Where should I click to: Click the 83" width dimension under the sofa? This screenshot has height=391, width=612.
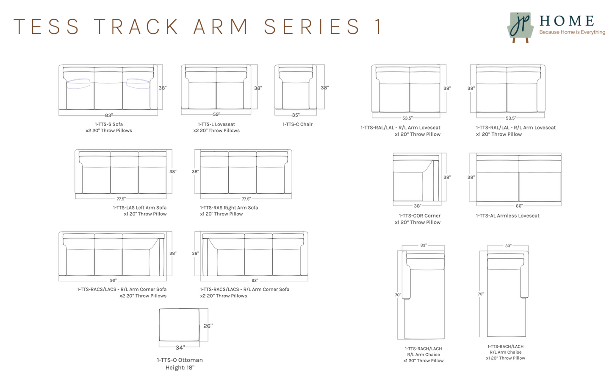[x=109, y=115]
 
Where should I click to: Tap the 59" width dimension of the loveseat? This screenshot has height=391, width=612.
[x=216, y=114]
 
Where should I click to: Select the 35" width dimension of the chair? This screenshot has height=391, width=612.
[x=296, y=115]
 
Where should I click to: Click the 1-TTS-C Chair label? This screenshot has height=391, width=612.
[x=298, y=124]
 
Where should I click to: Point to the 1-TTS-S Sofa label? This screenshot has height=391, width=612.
[x=109, y=124]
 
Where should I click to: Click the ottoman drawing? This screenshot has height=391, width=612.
[x=179, y=325]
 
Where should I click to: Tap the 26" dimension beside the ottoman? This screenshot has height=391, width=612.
[x=208, y=326]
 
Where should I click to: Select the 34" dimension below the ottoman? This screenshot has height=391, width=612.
[x=180, y=347]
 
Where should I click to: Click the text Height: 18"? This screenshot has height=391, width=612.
[x=180, y=368]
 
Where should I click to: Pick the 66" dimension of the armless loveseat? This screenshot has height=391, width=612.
[x=519, y=206]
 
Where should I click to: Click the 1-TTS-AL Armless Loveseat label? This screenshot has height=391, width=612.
[x=507, y=216]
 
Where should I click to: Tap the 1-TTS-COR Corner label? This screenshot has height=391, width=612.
[x=419, y=216]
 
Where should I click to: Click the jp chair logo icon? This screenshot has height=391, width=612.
[x=521, y=27]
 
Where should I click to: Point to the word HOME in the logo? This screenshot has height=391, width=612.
[x=567, y=21]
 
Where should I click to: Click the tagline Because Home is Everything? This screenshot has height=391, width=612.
[x=572, y=32]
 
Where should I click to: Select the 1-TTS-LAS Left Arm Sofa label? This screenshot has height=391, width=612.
[x=140, y=208]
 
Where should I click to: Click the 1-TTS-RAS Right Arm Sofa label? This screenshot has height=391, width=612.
[x=229, y=208]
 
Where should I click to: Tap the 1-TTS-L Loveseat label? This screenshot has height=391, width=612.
[x=216, y=124]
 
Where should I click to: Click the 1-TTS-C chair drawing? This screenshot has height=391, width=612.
[x=296, y=88]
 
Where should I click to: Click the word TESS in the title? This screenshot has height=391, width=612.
[x=47, y=27]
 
